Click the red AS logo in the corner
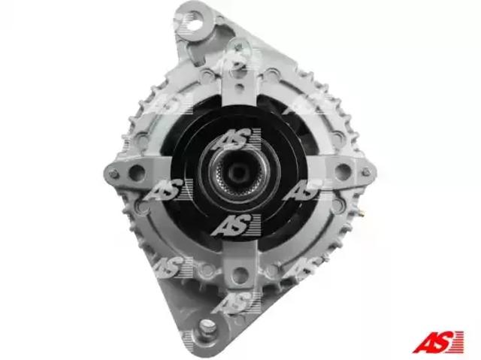point(437,342)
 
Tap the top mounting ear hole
point(194,22)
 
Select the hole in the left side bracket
point(137,173)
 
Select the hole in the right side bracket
point(343,172)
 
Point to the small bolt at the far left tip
point(113,174)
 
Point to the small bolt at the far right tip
point(366,171)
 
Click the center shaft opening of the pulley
point(238,173)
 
